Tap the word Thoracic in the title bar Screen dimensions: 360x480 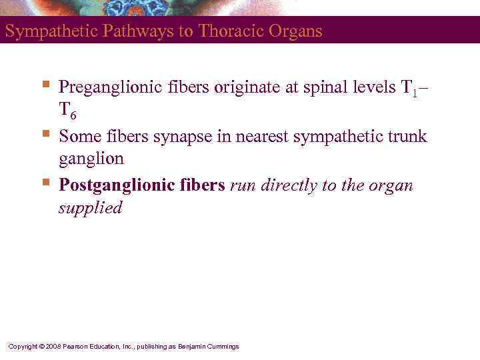click(x=225, y=31)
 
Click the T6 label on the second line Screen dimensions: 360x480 click(x=67, y=112)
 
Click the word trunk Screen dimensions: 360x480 click(x=405, y=137)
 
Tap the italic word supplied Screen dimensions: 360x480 click(x=90, y=209)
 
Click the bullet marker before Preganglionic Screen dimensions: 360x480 click(x=45, y=84)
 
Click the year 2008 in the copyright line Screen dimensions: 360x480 click(x=53, y=346)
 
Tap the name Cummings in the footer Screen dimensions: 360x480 click(x=223, y=346)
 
